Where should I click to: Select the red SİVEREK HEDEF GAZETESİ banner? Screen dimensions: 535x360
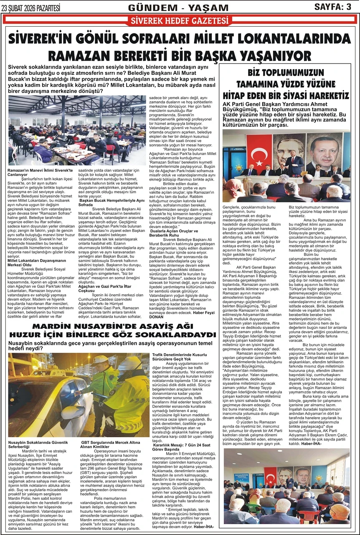click(x=180, y=20)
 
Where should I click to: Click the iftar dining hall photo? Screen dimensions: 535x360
click(x=77, y=130)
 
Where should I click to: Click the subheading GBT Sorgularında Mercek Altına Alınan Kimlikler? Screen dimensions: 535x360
click(x=110, y=443)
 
